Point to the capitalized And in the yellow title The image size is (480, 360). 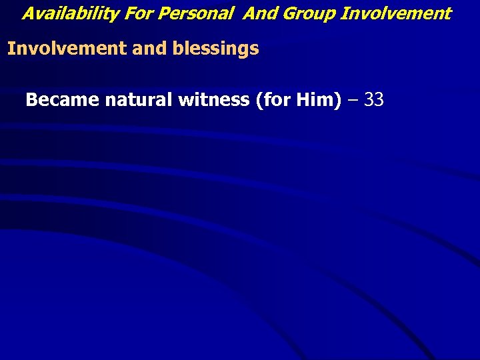(259, 13)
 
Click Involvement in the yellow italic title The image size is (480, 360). (395, 13)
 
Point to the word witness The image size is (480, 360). (206, 101)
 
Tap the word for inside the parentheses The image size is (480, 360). (274, 101)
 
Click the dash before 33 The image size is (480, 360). (352, 101)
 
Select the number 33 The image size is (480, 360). (374, 101)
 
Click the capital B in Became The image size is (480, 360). (31, 101)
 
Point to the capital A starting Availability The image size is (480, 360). (28, 13)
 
